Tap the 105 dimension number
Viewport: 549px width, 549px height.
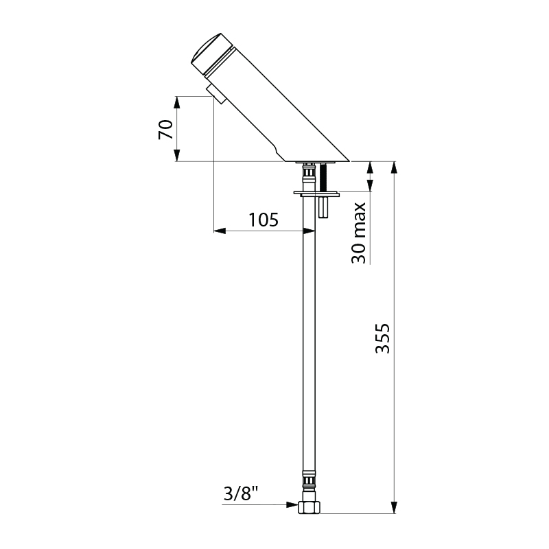(x=264, y=220)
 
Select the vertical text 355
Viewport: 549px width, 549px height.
(x=384, y=338)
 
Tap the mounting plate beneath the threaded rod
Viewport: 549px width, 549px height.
(x=316, y=193)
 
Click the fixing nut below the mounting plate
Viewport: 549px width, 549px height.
(x=325, y=206)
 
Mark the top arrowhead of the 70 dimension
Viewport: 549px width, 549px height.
(x=177, y=102)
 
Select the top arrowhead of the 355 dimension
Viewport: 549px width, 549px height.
(x=395, y=167)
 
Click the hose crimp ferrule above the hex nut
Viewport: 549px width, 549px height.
(x=309, y=480)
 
